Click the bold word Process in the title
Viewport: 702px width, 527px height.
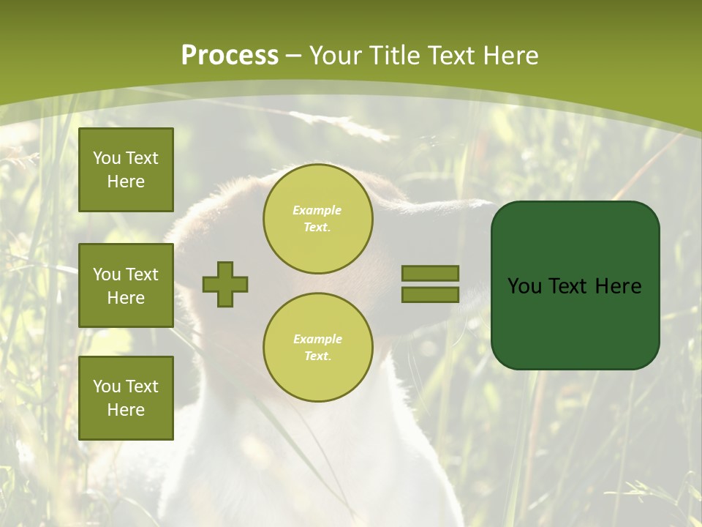pos(230,56)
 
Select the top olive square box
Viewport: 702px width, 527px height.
pos(126,170)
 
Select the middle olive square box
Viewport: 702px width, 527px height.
pos(126,285)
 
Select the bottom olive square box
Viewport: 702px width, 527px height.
pos(126,397)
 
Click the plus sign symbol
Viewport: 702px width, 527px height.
pos(225,284)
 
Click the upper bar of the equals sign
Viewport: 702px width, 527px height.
pos(430,273)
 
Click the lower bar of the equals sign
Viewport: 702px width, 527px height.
pos(430,294)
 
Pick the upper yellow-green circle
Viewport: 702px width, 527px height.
pos(317,219)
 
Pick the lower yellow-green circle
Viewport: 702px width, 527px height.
pos(317,348)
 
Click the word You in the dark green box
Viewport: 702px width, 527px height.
pos(524,286)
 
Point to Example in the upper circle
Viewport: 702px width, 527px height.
pos(317,210)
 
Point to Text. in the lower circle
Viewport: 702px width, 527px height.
pos(317,356)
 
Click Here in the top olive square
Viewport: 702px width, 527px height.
pos(126,182)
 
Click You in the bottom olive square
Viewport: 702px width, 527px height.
pos(107,386)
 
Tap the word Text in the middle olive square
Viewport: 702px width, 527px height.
pos(141,274)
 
